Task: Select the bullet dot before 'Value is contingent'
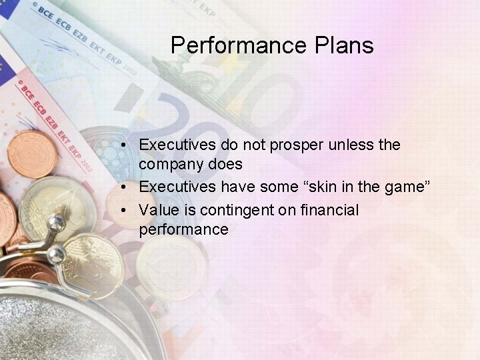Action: [x=124, y=211]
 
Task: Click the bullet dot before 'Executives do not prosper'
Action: [x=124, y=145]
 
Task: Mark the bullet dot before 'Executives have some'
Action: [x=124, y=188]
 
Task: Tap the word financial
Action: [x=329, y=211]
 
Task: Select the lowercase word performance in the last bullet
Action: [x=183, y=231]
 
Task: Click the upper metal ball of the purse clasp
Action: [x=59, y=222]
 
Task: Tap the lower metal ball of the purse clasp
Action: [x=57, y=253]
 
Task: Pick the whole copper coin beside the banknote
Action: [x=31, y=154]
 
